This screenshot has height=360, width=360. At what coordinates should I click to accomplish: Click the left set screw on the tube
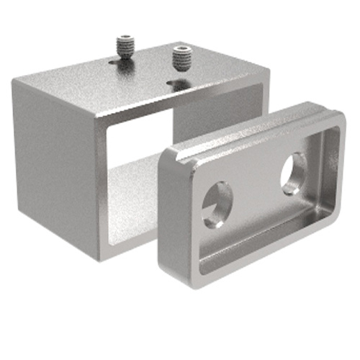126,47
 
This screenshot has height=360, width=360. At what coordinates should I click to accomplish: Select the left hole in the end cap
216,204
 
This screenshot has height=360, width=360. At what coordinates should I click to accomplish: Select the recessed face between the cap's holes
256,191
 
